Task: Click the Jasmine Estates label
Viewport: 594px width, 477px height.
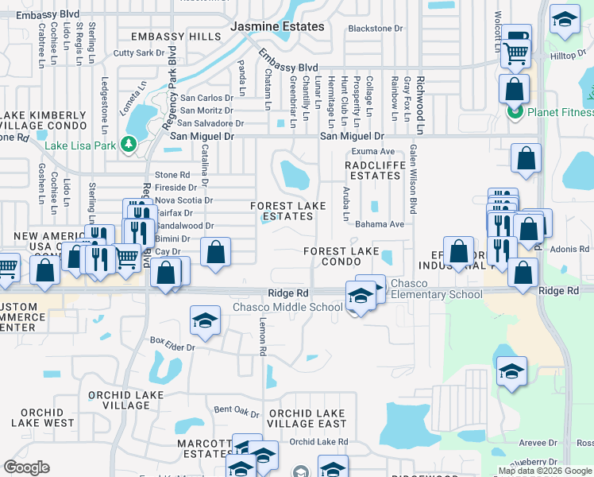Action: pos(277,26)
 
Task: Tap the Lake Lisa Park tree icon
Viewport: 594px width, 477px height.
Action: pos(128,145)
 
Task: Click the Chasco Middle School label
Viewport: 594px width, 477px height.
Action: pos(287,308)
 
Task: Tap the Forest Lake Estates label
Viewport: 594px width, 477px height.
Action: pos(287,211)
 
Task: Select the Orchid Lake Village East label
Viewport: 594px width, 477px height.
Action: pos(307,418)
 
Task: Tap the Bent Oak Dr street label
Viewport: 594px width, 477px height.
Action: pos(237,410)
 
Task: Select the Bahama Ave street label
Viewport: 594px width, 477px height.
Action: pos(380,224)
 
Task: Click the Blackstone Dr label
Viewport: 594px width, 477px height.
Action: pos(376,29)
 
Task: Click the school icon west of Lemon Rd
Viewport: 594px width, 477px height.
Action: pos(205,320)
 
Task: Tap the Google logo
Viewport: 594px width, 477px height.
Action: pos(27,467)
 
